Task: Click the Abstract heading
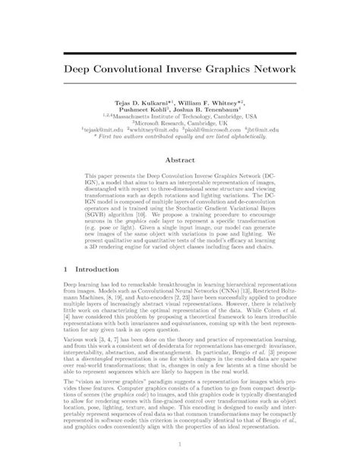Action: click(179, 161)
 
